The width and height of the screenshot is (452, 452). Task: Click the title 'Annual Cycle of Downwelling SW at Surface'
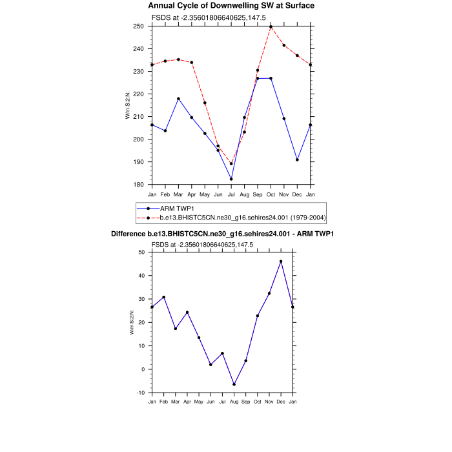[231, 6]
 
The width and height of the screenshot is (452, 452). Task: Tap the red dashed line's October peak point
[271, 26]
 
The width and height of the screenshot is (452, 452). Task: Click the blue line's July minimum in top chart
[231, 179]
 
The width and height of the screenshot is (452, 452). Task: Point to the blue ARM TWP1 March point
[178, 99]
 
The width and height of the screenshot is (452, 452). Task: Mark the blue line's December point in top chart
[297, 159]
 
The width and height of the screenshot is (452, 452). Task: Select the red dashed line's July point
[231, 163]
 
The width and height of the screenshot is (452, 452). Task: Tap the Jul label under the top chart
[231, 194]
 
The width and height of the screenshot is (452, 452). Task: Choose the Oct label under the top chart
[271, 194]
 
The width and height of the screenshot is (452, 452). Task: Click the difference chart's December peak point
[281, 261]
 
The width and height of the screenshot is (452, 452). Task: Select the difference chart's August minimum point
[234, 384]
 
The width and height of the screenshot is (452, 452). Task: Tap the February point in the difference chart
[164, 297]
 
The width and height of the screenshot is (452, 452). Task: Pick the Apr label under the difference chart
[187, 402]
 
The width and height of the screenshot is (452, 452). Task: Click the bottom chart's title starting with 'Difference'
[226, 233]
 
